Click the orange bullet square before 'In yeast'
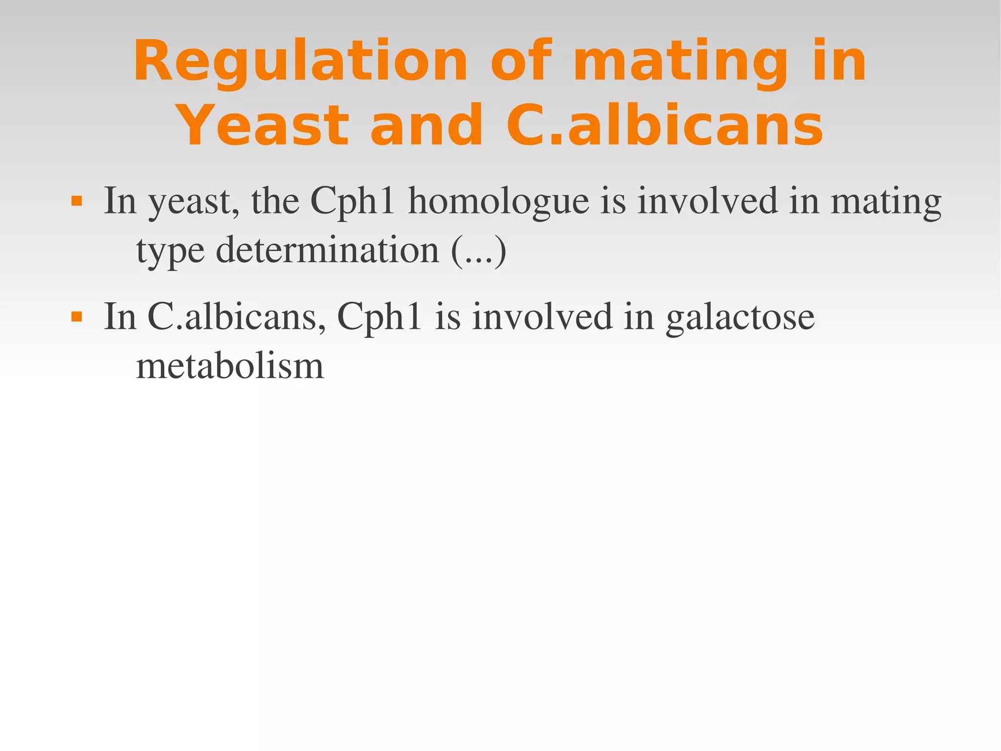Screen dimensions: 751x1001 76,201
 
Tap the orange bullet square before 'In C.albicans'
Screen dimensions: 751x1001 76,317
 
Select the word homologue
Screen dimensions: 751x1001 499,201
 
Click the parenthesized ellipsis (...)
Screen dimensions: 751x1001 479,250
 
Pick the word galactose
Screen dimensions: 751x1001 740,317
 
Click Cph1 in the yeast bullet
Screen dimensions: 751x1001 352,201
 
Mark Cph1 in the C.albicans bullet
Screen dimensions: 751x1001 379,317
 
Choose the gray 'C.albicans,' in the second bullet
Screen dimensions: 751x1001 237,317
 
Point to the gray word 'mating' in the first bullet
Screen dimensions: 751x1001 886,202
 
